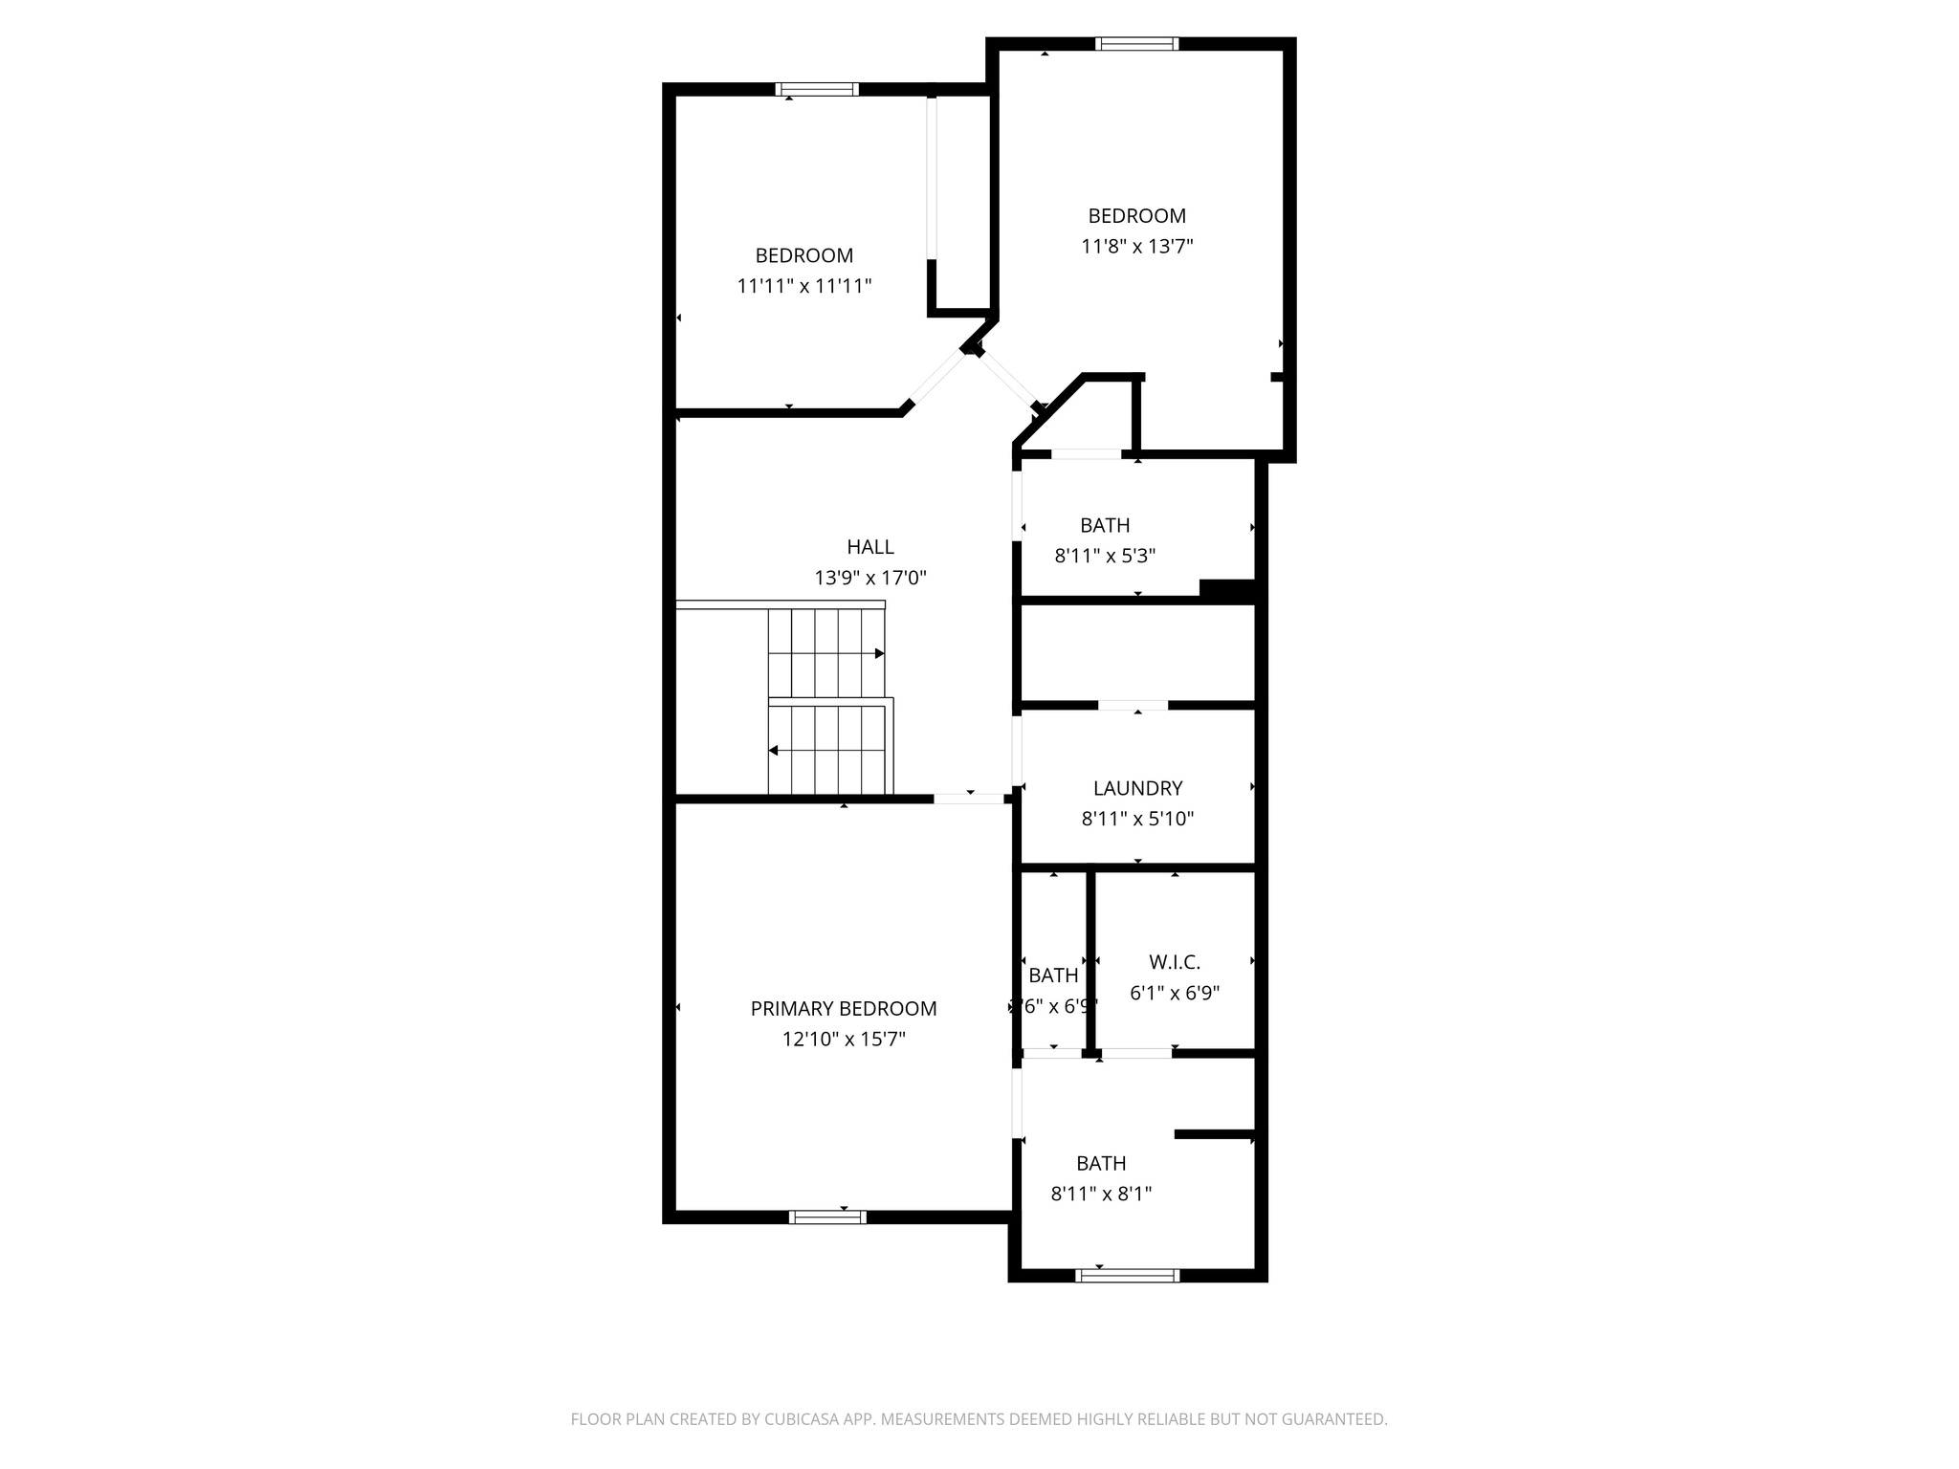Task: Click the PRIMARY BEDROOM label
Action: pos(843,1008)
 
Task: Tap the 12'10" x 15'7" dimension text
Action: pos(843,1039)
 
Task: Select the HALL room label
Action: pos(869,547)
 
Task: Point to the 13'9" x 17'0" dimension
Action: pos(869,578)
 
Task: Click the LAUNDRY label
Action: pos(1137,788)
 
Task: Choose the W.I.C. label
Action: pos(1174,962)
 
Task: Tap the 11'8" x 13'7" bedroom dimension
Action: pos(1136,246)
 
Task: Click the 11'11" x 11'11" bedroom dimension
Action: pos(803,286)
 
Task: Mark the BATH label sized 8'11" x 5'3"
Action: pos(1105,525)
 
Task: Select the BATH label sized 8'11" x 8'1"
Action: pos(1101,1163)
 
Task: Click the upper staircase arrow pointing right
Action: pos(878,653)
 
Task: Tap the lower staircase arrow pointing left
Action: pos(774,751)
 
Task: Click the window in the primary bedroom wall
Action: pos(827,1217)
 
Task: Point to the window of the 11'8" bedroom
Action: pos(1136,43)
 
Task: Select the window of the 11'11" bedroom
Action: pos(816,90)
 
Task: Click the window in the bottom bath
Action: pos(1127,1275)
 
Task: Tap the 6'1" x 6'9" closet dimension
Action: pos(1174,993)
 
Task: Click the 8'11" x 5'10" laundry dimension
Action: pos(1137,819)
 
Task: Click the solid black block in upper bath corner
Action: pos(1226,590)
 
